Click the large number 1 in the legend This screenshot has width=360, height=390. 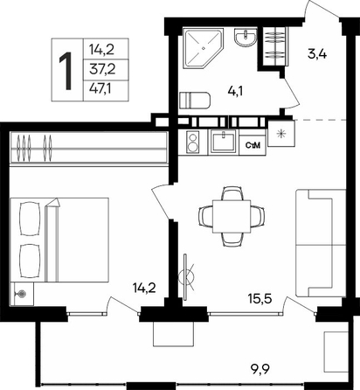coord(66,71)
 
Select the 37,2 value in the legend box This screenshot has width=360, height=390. coord(102,70)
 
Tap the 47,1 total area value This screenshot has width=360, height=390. coord(100,88)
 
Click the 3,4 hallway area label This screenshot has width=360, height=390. coord(317,54)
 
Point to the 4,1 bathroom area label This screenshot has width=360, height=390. coord(236,92)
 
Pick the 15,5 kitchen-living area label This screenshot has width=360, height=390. coord(260,298)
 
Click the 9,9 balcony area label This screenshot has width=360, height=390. coord(260,370)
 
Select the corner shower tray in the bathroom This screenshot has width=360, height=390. coord(203,48)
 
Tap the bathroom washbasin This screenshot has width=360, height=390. coord(246,37)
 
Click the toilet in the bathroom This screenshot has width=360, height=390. coord(195,100)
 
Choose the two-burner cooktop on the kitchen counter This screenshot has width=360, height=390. coord(192,142)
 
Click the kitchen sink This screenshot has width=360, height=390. coord(224,142)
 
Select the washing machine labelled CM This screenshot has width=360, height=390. coord(253,145)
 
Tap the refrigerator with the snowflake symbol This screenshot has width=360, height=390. coord(281,134)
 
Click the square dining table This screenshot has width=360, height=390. coord(232,216)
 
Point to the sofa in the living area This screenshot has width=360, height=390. coord(321,243)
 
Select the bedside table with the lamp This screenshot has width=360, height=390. coord(22,294)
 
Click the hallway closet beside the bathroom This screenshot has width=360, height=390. coord(273,47)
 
